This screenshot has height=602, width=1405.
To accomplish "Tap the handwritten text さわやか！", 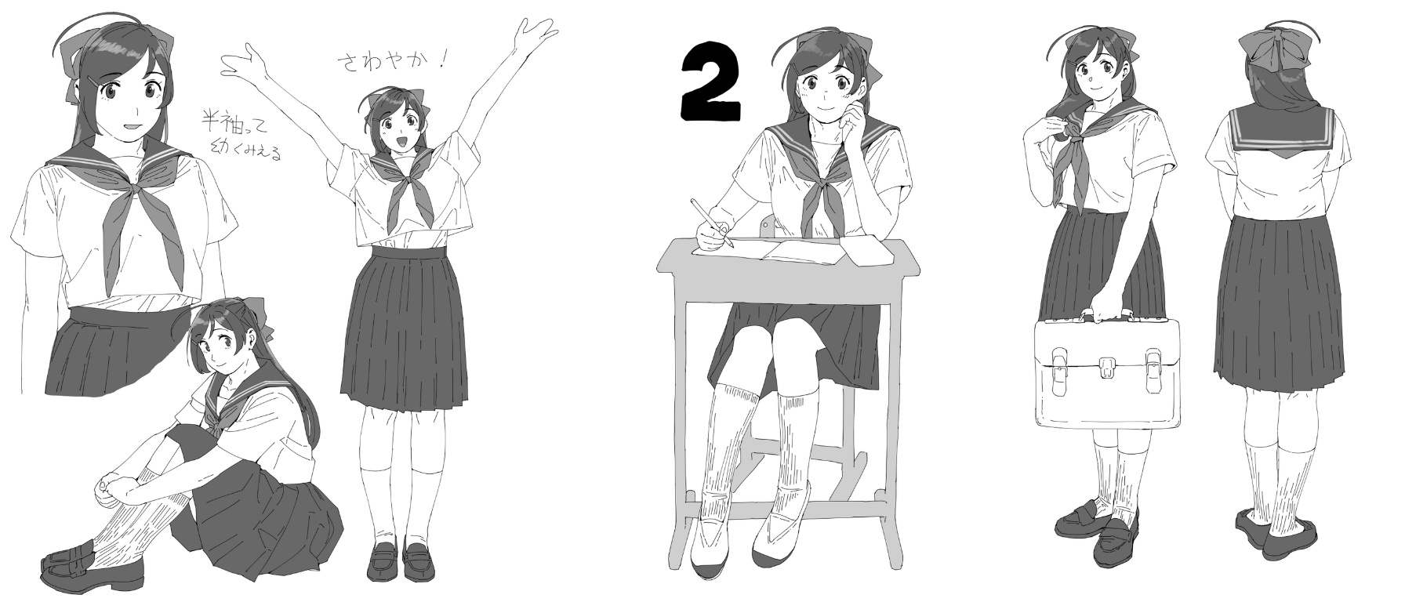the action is click(391, 63).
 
